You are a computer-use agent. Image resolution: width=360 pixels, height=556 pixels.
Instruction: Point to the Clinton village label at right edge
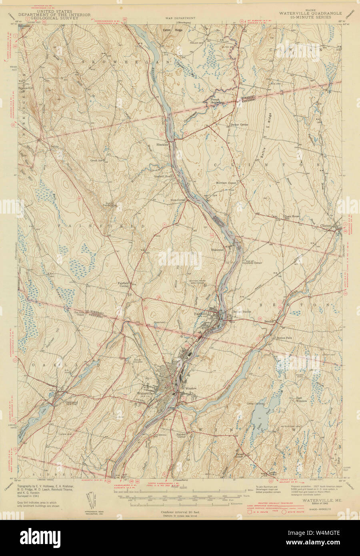click(x=326, y=226)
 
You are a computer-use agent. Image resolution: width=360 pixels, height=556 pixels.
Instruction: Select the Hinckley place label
click(x=162, y=142)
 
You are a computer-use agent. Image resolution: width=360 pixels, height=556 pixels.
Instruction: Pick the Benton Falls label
click(x=285, y=338)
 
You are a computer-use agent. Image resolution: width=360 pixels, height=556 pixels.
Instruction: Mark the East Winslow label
click(x=304, y=399)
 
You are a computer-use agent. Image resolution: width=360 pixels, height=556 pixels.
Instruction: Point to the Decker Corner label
click(x=240, y=125)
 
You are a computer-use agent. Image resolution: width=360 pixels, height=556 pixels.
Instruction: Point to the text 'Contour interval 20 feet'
click(x=179, y=512)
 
